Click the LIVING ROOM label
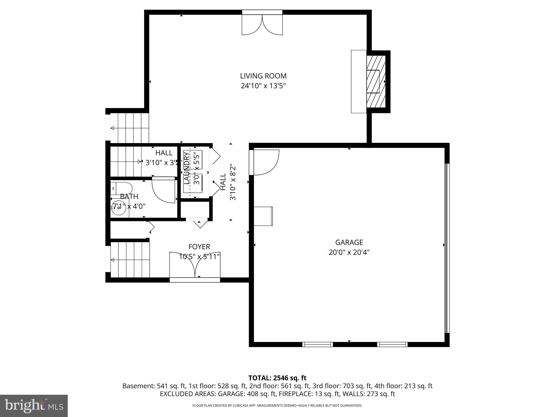coord(263,76)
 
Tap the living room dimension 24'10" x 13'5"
coord(263,86)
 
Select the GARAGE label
coord(349,242)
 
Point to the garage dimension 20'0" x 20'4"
coord(349,252)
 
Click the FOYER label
coord(199,247)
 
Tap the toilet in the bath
coord(122,188)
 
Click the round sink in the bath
coord(118,208)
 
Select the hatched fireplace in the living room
coord(376,81)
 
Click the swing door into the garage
coord(264,162)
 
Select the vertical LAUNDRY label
coord(187,168)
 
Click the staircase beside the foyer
coord(130,260)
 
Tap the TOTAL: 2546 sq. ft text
coord(277,378)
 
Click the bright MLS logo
coord(34,406)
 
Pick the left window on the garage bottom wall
coord(317,345)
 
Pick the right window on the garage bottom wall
coord(392,345)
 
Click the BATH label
coord(129,197)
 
